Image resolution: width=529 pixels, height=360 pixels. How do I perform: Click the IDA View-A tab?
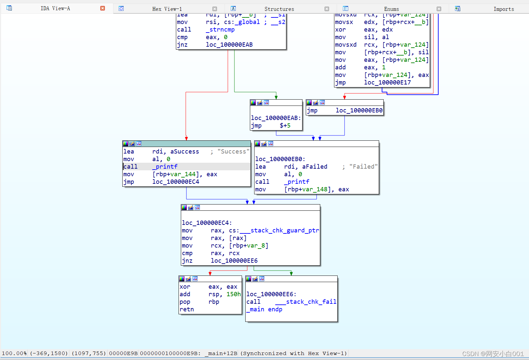tap(55, 9)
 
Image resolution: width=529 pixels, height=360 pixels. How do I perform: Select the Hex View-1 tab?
tap(167, 9)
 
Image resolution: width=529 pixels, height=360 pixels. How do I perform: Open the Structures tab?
tap(279, 9)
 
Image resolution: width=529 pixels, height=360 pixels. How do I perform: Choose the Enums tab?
tap(391, 9)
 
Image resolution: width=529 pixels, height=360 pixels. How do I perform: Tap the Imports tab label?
tap(503, 9)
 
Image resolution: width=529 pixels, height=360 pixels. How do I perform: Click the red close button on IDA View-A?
tap(103, 8)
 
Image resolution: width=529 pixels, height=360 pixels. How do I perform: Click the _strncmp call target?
tap(220, 30)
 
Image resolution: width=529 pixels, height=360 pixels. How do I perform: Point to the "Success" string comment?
tap(233, 152)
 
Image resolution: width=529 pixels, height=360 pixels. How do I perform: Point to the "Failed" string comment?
tap(363, 167)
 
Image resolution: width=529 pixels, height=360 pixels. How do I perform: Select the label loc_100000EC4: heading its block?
tap(207, 223)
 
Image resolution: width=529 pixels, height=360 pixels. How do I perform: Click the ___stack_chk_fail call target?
tap(305, 302)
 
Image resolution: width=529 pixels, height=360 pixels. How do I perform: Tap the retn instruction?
tap(187, 309)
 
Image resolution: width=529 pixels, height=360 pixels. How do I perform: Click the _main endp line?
tap(264, 309)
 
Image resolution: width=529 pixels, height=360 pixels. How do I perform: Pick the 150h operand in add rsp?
tap(233, 294)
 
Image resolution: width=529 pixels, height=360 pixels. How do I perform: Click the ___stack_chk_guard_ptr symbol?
tap(279, 230)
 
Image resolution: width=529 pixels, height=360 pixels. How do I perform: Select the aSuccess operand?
tap(184, 152)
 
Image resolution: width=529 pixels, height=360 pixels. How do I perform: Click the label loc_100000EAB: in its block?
tap(276, 118)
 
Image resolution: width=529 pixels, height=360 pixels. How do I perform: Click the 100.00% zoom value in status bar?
tap(14, 353)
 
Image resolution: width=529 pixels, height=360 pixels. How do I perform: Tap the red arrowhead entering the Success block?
tap(186, 138)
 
